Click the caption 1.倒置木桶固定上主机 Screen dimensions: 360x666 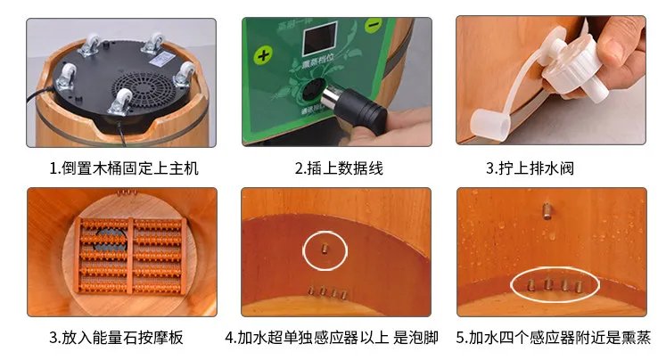click(x=123, y=168)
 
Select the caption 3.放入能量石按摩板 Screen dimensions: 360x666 click(x=123, y=338)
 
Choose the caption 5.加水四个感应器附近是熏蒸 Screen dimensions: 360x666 click(x=554, y=338)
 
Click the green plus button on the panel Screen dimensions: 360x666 click(x=263, y=55)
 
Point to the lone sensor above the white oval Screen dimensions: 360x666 click(x=542, y=210)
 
